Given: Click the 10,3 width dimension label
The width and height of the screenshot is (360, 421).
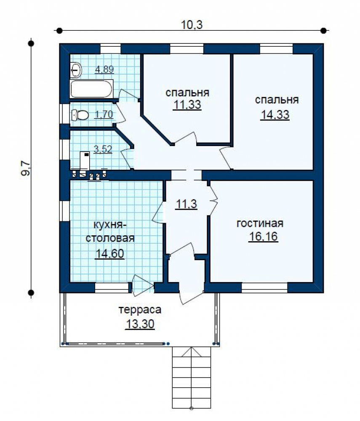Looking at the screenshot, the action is [x=192, y=25].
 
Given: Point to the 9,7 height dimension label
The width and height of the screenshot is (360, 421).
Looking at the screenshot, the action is [x=26, y=169].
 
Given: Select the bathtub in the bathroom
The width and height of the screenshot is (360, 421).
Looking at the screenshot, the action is [x=91, y=89].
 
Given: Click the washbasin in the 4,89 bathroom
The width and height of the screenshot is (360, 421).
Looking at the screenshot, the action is [x=76, y=70].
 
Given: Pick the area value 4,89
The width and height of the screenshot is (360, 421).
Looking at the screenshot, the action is [x=104, y=69].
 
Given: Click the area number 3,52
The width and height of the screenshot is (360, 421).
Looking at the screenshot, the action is [x=103, y=149].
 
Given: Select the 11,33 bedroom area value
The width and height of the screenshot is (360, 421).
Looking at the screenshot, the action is [x=187, y=105].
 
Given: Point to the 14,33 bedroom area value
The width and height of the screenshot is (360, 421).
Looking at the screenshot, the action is [x=275, y=115].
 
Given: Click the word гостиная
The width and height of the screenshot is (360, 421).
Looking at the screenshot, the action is [x=260, y=224].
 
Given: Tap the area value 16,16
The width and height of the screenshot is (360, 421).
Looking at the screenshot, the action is [x=263, y=237].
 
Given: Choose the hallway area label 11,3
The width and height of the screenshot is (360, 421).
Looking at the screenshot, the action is [x=186, y=204].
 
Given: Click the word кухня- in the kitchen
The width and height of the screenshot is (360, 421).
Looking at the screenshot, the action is [x=109, y=225].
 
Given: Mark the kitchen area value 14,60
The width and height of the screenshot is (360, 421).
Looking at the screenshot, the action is [x=110, y=253].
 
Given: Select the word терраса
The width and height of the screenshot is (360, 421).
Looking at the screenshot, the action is [x=140, y=310].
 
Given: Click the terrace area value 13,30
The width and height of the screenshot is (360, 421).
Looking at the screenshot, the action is [x=140, y=324].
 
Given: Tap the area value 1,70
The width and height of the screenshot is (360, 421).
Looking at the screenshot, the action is [x=104, y=115].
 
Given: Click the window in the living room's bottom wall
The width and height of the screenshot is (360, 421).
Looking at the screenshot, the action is [x=264, y=287].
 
